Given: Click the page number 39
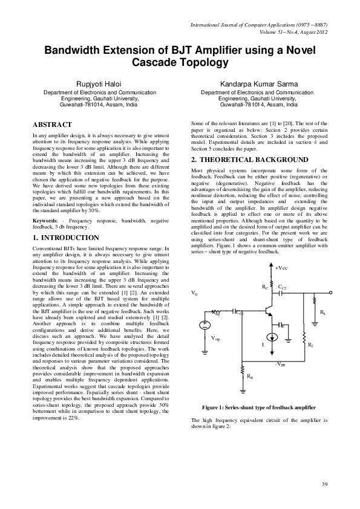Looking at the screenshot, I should click(324, 484).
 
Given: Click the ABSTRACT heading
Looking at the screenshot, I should click(53, 123).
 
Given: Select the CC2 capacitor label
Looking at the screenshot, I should click(282, 288).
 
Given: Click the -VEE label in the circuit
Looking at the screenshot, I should click(281, 365).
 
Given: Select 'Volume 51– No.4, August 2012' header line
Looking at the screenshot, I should click(293, 31).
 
